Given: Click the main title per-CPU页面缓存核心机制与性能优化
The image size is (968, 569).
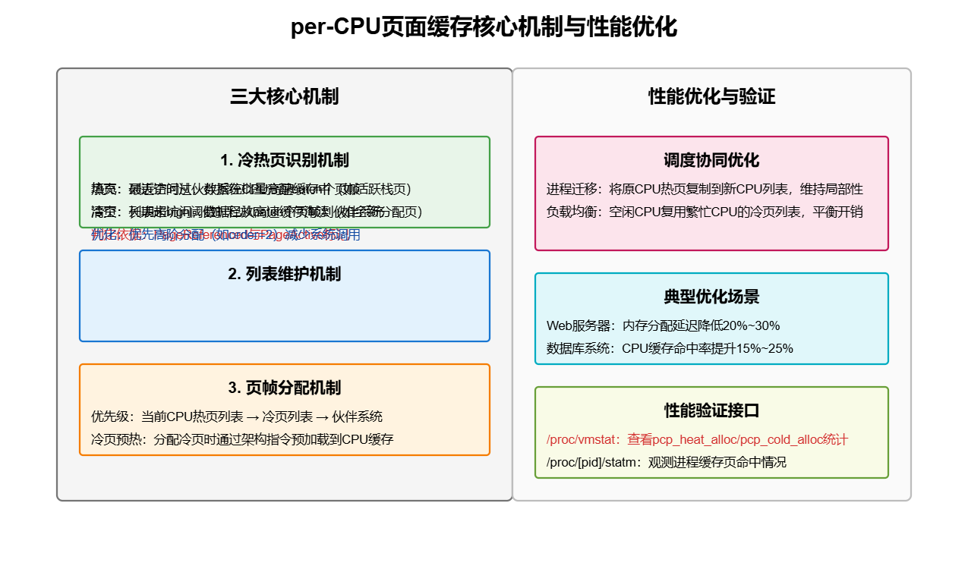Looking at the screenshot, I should (484, 27).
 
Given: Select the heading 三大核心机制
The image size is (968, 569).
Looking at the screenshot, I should (284, 96).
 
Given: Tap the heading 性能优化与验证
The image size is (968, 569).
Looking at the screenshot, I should (711, 96).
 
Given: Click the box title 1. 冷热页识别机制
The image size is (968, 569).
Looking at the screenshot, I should (284, 160).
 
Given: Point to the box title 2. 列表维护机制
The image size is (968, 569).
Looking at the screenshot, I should (284, 274).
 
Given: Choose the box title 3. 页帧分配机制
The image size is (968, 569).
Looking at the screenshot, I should (284, 388).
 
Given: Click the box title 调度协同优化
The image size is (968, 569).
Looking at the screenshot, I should (711, 160).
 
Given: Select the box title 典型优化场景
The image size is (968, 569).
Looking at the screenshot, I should (711, 297).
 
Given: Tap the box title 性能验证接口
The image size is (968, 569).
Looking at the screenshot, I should (711, 410).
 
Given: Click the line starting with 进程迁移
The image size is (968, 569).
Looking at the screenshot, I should (705, 189).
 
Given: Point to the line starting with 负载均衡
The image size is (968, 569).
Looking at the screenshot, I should (705, 212).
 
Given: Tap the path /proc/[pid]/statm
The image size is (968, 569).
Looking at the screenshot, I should (594, 462).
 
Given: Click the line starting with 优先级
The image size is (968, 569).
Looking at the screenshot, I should (237, 417).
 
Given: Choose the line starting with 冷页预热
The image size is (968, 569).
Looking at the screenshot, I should (242, 439).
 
